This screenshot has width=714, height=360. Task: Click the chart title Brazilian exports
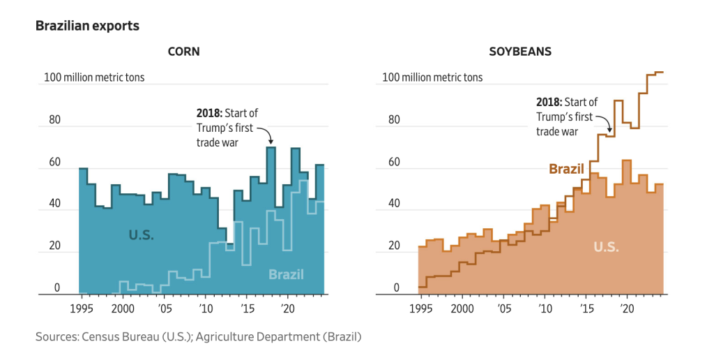[x=87, y=26]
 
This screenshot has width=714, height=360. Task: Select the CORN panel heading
[x=184, y=52]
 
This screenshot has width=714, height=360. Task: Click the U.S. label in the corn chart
[x=141, y=235]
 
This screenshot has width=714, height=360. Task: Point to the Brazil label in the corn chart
[x=286, y=274]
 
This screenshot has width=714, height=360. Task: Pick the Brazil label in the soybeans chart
[x=567, y=169]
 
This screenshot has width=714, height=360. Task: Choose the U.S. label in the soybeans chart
[x=606, y=247]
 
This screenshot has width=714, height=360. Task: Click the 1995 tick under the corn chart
[x=82, y=307]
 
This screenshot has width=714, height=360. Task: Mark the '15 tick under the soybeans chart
[x=587, y=307]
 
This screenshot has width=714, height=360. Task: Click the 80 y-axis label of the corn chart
[x=54, y=120]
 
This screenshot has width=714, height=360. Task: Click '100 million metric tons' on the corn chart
[x=94, y=77]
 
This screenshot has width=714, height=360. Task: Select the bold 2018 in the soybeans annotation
[x=549, y=102]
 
